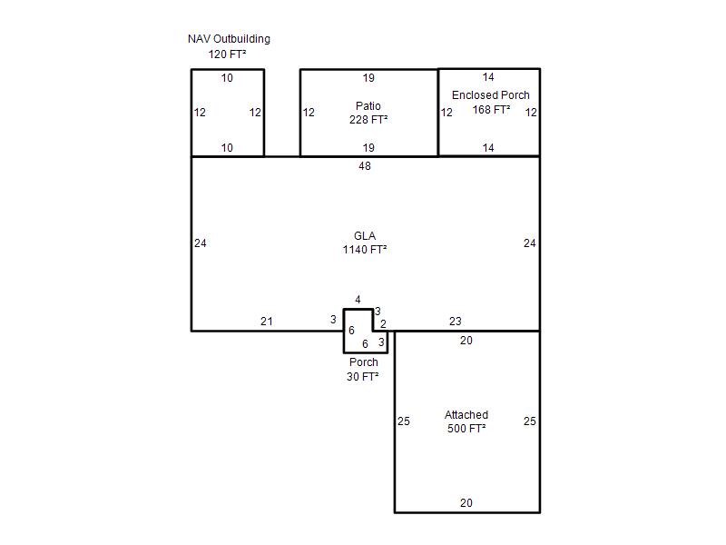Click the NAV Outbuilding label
[229, 39]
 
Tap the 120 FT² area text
[227, 54]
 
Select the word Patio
[368, 105]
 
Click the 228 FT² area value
[368, 120]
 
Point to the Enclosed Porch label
[490, 95]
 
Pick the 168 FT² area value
[491, 110]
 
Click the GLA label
[365, 236]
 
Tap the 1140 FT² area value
[365, 250]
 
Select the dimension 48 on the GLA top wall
[365, 166]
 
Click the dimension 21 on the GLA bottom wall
[267, 322]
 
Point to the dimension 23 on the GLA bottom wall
[456, 322]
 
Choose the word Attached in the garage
[466, 415]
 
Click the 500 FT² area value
[466, 429]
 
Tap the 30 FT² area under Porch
[362, 377]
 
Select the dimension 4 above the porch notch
[358, 300]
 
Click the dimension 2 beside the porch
[383, 324]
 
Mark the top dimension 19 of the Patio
[368, 78]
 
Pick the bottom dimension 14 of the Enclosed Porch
[488, 148]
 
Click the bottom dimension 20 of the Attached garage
[466, 503]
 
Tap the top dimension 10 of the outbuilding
[227, 78]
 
